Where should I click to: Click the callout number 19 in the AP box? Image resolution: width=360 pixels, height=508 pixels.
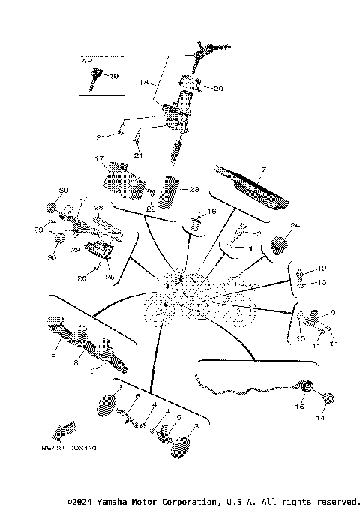point(115,77)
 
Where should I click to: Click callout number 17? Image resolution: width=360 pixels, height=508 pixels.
point(98,158)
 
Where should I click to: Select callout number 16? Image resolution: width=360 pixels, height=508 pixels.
point(211,212)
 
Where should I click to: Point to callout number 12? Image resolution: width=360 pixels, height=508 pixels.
point(323,269)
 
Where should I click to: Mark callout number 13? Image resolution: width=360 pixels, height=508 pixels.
point(323,283)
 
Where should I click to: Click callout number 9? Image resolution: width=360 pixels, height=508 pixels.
point(334,312)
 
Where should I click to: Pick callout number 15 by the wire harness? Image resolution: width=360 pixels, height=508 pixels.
point(300,406)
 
